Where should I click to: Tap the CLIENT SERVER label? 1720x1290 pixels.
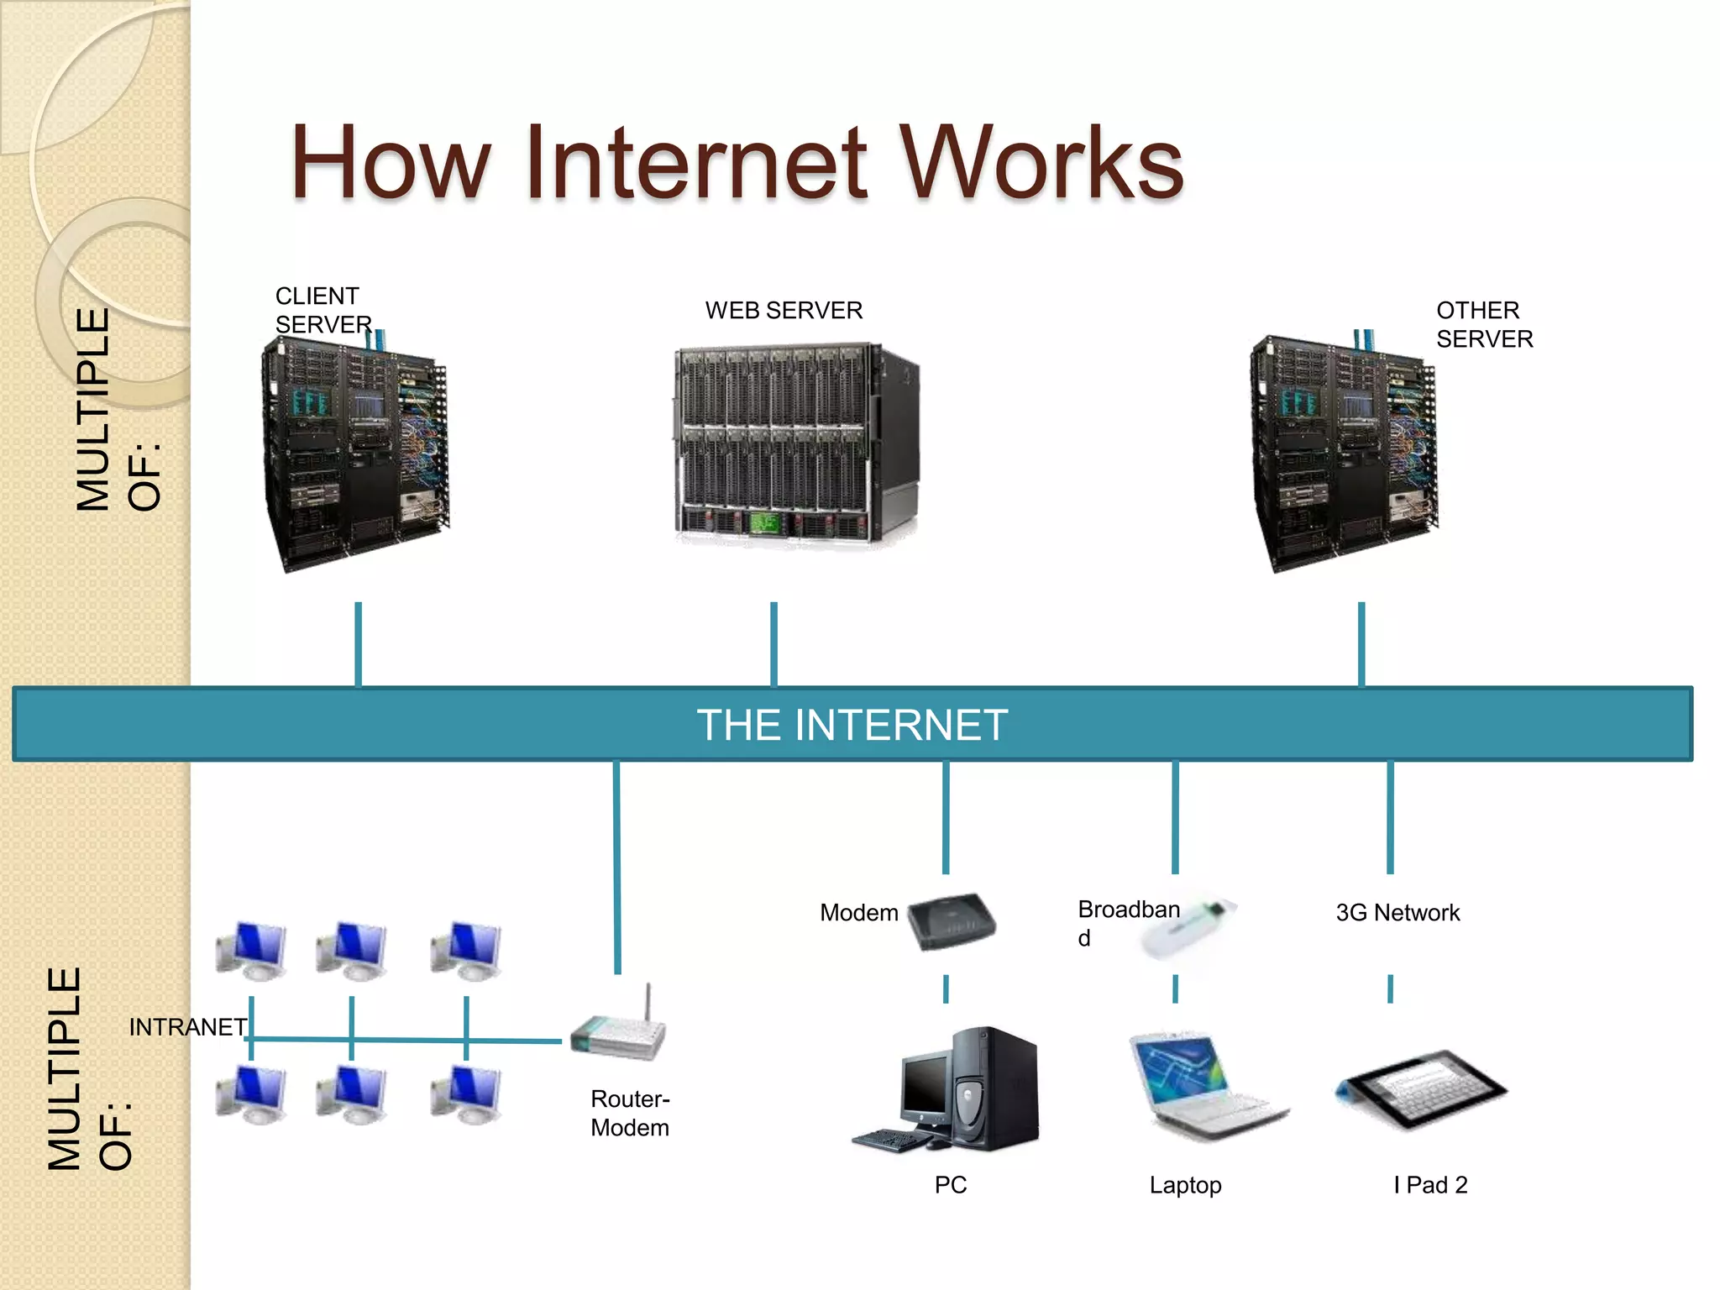coord(322,310)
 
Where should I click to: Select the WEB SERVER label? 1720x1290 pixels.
coord(783,310)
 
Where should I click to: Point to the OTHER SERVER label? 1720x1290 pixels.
coord(1483,324)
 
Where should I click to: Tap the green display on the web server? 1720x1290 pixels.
coord(764,523)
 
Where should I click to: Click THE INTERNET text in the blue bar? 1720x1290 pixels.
coord(852,724)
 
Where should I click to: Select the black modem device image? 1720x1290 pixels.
coord(952,921)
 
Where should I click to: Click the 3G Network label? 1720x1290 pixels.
coord(1397,912)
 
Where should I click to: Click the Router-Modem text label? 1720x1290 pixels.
coord(630,1113)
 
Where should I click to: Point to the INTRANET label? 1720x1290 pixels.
coord(187,1026)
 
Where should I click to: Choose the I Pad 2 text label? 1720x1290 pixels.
coord(1430,1184)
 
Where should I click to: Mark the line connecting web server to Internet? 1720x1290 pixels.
coord(773,643)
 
